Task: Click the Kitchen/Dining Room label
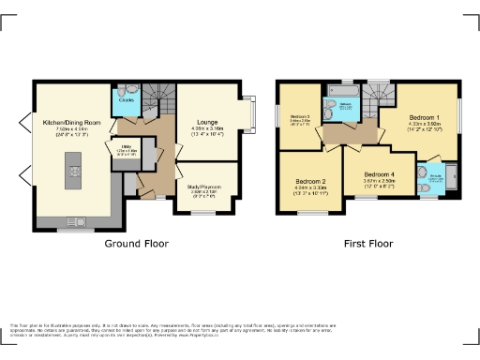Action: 65,123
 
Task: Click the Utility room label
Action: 125,147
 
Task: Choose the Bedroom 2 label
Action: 310,181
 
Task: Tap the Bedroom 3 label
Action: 299,115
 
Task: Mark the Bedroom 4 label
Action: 380,174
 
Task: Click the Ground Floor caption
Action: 136,243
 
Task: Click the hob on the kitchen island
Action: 73,174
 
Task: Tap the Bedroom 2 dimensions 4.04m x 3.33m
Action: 310,188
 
